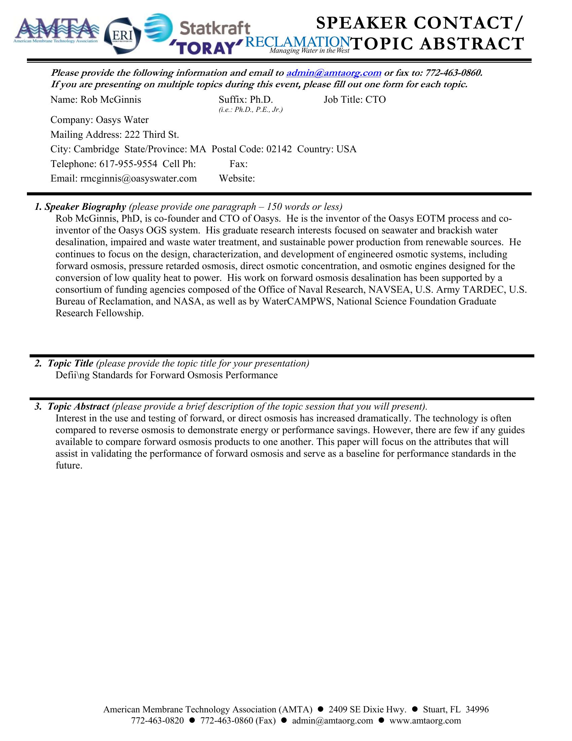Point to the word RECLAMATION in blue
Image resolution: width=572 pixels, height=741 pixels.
coord(297,42)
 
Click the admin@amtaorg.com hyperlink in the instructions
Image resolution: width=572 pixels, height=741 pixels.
coord(334,73)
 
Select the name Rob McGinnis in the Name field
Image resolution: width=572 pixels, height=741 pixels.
coord(110,100)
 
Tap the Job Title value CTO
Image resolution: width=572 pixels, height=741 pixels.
coord(376,100)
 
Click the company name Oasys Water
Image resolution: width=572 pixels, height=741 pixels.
coord(122,120)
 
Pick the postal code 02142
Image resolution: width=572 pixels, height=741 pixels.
coord(279,149)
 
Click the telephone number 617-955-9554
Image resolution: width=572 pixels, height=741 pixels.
coord(128,164)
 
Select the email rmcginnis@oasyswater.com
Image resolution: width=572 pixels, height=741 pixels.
coord(138,179)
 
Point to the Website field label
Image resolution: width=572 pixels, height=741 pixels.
coord(237,179)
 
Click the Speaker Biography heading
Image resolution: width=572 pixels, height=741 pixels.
coord(85,206)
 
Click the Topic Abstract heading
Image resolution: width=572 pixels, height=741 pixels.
coord(78,407)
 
